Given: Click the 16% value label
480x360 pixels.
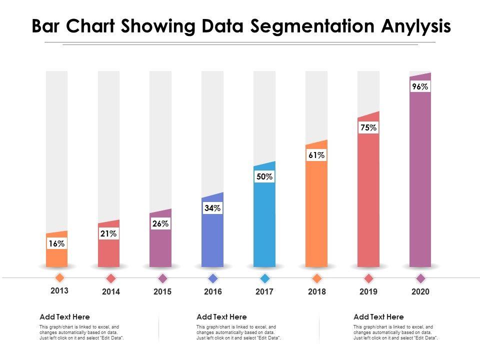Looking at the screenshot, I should pyautogui.click(x=56, y=243).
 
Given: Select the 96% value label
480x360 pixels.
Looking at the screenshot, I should pyautogui.click(x=420, y=86).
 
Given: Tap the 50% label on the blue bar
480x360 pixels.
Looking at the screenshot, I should pyautogui.click(x=264, y=176).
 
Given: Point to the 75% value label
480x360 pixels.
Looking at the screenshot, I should pyautogui.click(x=368, y=127).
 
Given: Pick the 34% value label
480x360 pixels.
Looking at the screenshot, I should pyautogui.click(x=212, y=208).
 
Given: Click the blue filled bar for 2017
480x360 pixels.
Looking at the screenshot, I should pyautogui.click(x=264, y=225).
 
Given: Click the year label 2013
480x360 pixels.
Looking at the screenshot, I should pyautogui.click(x=59, y=290).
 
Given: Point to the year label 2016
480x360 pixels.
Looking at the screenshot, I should pyautogui.click(x=213, y=291).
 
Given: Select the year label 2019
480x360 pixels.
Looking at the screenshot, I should pyautogui.click(x=368, y=291).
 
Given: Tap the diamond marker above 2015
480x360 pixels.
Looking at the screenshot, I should pyautogui.click(x=162, y=278).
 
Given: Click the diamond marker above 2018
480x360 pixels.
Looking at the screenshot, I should pyautogui.click(x=316, y=278).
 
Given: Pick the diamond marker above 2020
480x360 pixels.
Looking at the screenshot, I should pyautogui.click(x=420, y=278).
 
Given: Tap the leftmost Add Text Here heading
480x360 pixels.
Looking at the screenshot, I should pyautogui.click(x=64, y=316).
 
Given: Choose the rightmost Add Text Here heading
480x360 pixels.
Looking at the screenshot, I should pyautogui.click(x=378, y=316).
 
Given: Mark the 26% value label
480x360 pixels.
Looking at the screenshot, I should pyautogui.click(x=160, y=224).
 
